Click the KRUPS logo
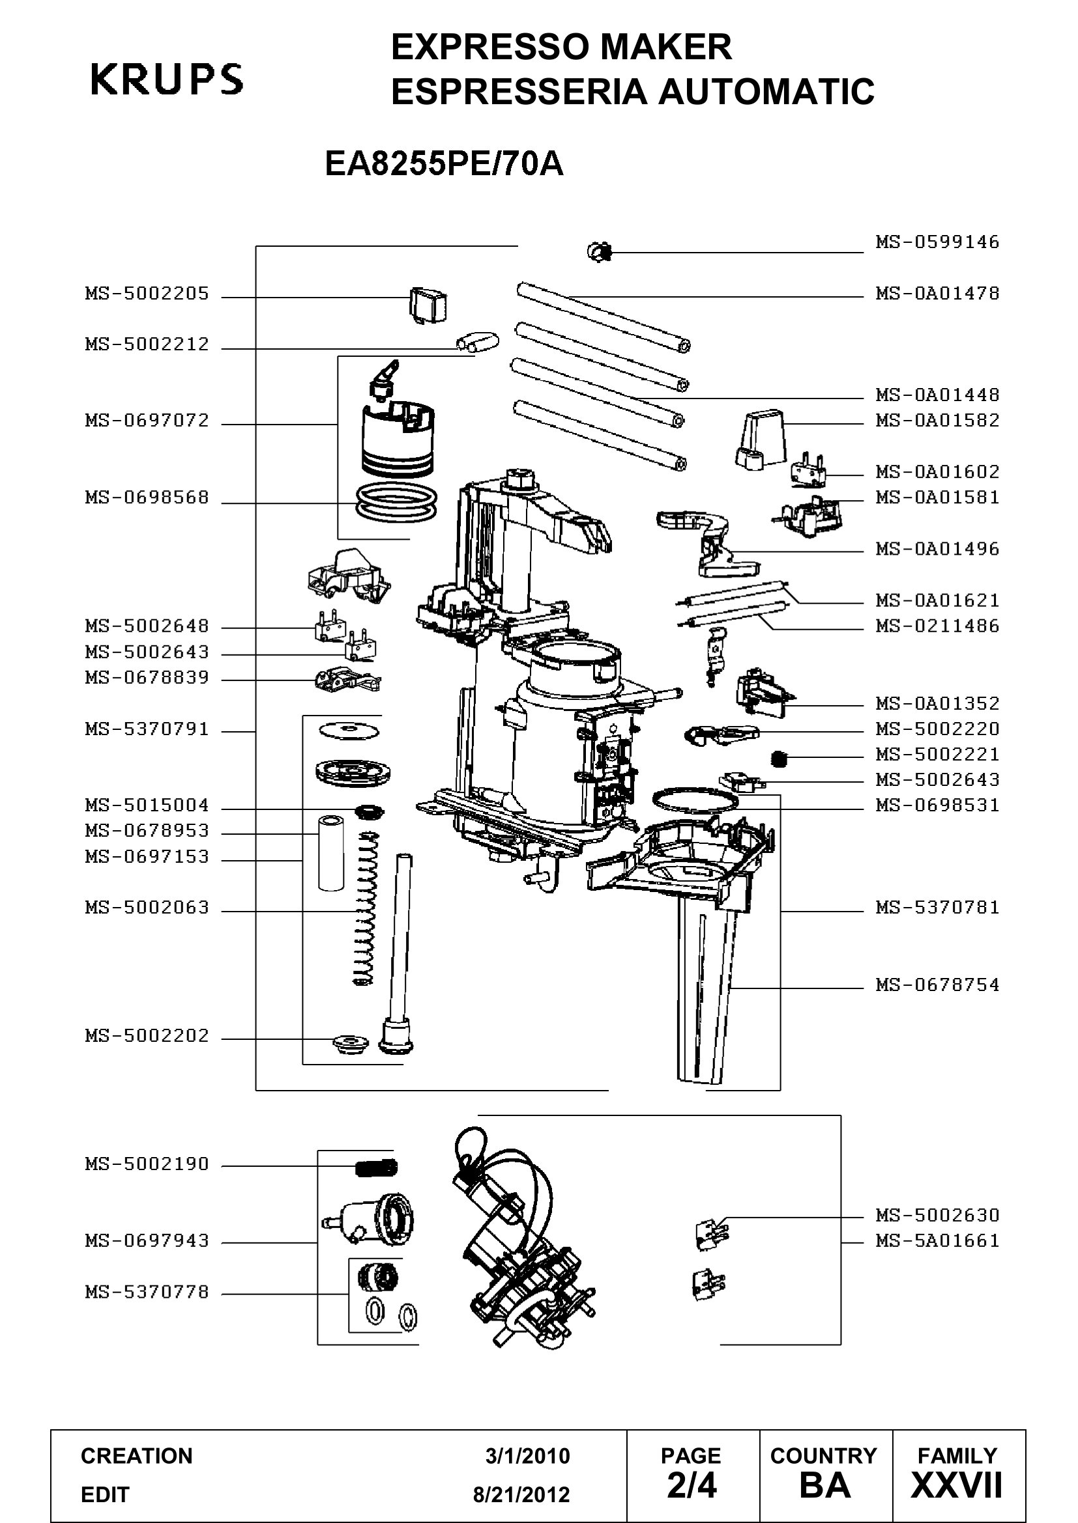(x=167, y=79)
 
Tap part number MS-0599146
(x=937, y=242)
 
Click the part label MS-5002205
(x=147, y=293)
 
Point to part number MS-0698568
(x=147, y=497)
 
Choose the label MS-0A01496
(x=937, y=548)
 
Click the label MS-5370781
(x=937, y=908)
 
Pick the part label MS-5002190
(x=147, y=1164)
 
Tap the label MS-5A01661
(x=937, y=1240)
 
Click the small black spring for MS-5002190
(x=377, y=1166)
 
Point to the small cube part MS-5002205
(x=427, y=305)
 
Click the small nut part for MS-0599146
(x=600, y=251)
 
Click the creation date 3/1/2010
(x=527, y=1456)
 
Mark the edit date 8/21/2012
(x=521, y=1494)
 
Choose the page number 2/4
(x=692, y=1486)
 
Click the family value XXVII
(x=957, y=1486)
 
